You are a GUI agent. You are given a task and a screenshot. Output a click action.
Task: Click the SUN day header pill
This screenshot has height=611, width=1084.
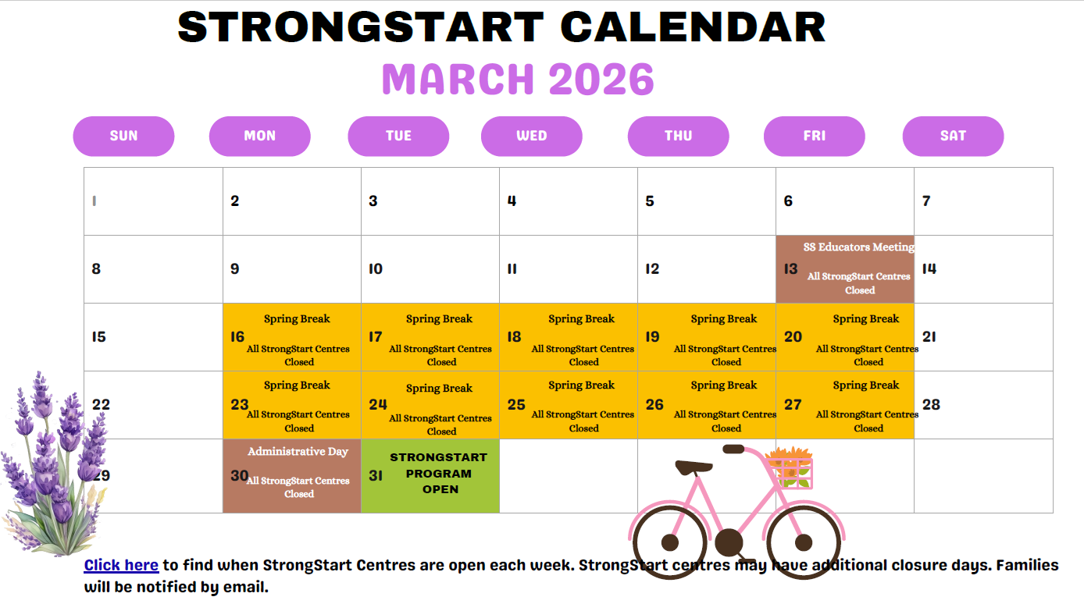(123, 136)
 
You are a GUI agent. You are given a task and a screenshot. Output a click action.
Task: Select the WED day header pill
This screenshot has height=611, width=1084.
(531, 136)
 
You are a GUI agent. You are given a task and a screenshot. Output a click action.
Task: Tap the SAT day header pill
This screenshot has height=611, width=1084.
(953, 136)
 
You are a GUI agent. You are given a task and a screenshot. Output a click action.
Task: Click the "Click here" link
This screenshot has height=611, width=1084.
(121, 565)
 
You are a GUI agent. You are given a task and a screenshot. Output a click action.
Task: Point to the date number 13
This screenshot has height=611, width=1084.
(790, 268)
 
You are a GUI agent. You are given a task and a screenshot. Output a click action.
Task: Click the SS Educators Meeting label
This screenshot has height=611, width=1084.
(859, 247)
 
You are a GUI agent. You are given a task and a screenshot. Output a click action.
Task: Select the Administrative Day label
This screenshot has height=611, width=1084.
(298, 452)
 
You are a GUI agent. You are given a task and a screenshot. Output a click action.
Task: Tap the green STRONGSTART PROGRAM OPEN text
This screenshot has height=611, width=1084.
(439, 473)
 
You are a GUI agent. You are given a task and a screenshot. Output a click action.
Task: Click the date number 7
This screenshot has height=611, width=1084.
(926, 201)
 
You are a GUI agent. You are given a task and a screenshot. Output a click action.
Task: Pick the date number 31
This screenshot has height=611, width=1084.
(376, 476)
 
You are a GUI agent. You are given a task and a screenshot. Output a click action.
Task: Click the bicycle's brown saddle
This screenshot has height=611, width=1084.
(694, 467)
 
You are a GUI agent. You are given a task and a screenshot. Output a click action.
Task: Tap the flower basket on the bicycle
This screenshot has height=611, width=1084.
(790, 467)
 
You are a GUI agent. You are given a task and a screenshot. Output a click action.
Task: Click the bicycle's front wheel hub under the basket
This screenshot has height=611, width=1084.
(804, 542)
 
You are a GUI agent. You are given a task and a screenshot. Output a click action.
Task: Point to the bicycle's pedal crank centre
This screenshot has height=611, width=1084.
(729, 542)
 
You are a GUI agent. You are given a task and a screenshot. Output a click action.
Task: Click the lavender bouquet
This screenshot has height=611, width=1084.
(54, 464)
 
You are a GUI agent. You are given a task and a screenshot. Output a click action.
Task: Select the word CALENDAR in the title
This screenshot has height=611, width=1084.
(693, 27)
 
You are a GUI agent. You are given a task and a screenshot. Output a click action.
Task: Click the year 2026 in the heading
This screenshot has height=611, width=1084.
(601, 79)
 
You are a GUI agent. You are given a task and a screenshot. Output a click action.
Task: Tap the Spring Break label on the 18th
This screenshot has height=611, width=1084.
(581, 319)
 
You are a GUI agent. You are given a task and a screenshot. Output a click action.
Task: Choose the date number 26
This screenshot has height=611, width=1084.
(654, 404)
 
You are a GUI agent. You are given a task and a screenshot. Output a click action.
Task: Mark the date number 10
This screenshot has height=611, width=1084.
(376, 268)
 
